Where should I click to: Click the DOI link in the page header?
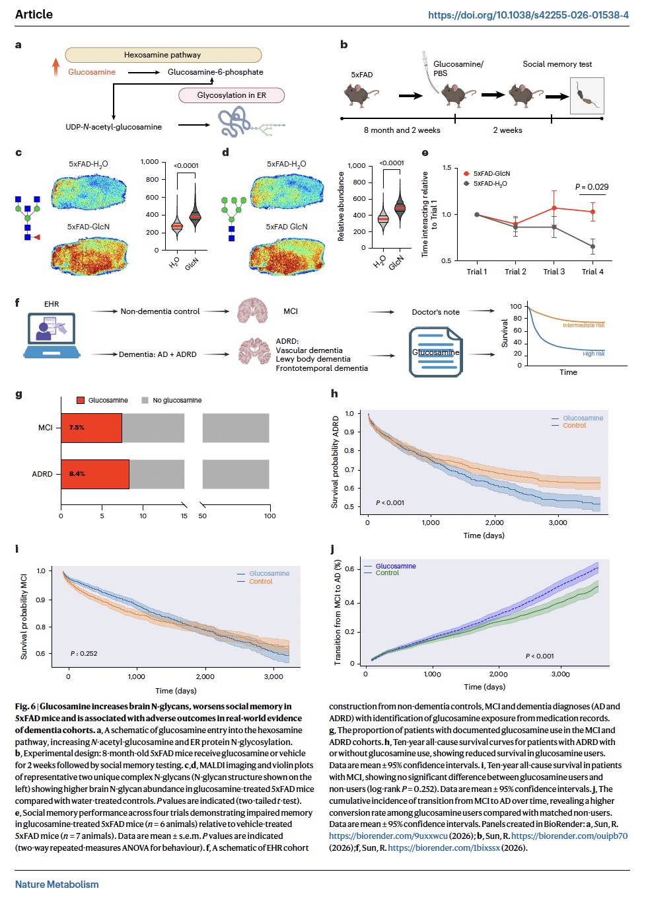click(528, 15)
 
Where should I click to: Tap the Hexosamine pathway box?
click(163, 55)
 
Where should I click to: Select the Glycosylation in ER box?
click(231, 95)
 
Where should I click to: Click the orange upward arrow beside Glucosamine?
click(56, 67)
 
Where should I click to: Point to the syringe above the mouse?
click(429, 72)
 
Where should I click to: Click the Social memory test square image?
click(587, 96)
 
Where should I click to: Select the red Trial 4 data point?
click(592, 212)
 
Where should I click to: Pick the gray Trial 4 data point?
click(592, 246)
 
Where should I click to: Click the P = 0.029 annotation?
click(591, 186)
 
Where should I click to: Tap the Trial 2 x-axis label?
click(515, 272)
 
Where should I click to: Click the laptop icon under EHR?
click(52, 335)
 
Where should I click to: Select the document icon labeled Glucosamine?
click(435, 352)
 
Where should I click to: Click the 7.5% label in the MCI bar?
click(77, 427)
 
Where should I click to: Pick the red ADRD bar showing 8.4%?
click(95, 474)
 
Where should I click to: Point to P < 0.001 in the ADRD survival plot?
click(390, 502)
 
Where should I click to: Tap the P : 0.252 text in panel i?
click(84, 653)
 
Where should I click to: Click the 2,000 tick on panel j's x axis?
click(498, 674)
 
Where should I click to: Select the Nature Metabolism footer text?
click(57, 885)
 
